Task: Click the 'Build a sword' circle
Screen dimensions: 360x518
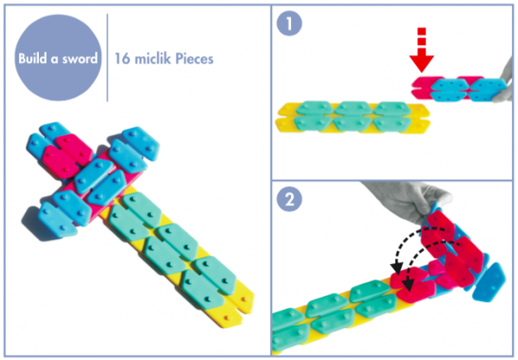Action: click(58, 60)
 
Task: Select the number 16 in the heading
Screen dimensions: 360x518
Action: click(123, 60)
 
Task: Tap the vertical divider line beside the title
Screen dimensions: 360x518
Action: click(107, 60)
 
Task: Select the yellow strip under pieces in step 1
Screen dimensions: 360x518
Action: click(345, 127)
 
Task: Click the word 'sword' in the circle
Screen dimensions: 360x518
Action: click(79, 60)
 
